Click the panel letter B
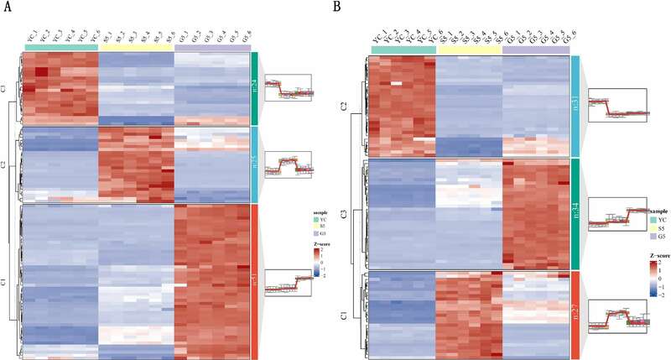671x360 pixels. point(336,8)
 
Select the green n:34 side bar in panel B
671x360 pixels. point(575,215)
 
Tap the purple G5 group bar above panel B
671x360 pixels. point(535,50)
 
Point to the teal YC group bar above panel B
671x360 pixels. point(403,50)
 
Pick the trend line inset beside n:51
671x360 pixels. point(288,284)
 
